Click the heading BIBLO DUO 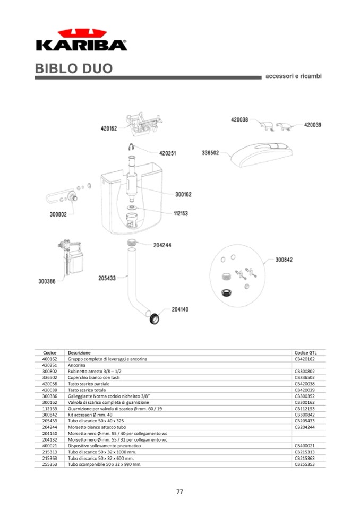(x=74, y=69)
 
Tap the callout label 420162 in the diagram (x=109, y=128)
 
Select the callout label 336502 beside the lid (x=210, y=153)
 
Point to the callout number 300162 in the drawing (x=183, y=194)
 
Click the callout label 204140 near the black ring (x=180, y=309)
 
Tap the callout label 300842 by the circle (x=284, y=260)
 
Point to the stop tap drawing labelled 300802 (x=70, y=199)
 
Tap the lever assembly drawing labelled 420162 (x=142, y=125)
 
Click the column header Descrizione (x=79, y=352)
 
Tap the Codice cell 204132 (x=49, y=439)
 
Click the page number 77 (x=180, y=491)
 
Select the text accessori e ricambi (x=293, y=76)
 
